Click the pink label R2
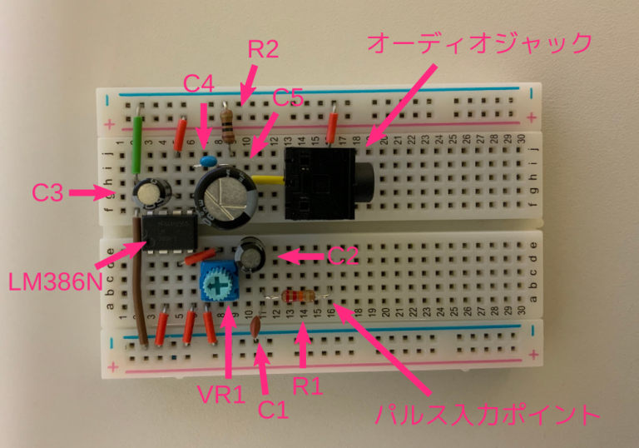pyautogui.click(x=263, y=49)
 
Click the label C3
pyautogui.click(x=48, y=194)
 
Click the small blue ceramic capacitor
pyautogui.click(x=208, y=158)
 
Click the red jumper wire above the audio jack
pyautogui.click(x=332, y=128)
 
